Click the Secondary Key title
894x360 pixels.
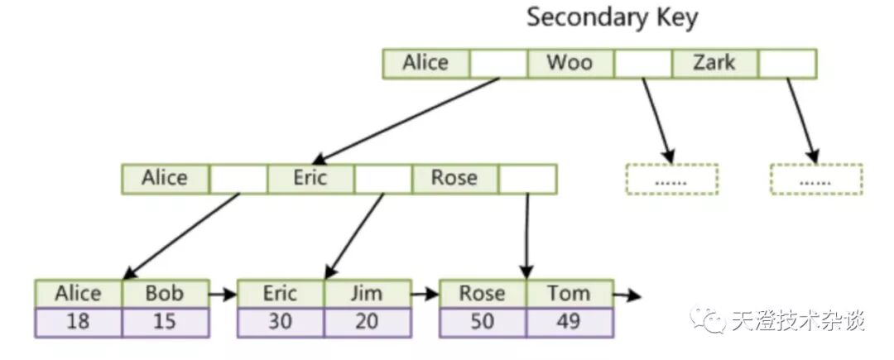click(612, 18)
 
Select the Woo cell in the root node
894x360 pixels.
click(570, 64)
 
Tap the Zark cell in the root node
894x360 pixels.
click(714, 64)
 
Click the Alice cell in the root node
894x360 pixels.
click(425, 64)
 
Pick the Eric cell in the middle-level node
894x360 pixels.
click(310, 179)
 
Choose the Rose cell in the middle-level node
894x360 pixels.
click(454, 179)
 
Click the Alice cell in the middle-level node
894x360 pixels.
click(165, 179)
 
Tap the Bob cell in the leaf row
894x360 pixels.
click(164, 294)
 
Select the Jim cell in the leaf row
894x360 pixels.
click(367, 294)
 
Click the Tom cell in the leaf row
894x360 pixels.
click(569, 294)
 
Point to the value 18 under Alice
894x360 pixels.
click(78, 322)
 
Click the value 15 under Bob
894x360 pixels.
click(164, 322)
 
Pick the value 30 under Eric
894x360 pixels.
click(280, 322)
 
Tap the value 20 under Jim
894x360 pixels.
click(367, 322)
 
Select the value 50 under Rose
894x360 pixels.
click(482, 322)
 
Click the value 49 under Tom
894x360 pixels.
click(569, 322)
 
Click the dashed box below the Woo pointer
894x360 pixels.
click(671, 179)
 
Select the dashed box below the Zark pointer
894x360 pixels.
click(816, 179)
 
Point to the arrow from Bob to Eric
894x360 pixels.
click(222, 294)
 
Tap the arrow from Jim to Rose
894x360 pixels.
click(425, 294)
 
